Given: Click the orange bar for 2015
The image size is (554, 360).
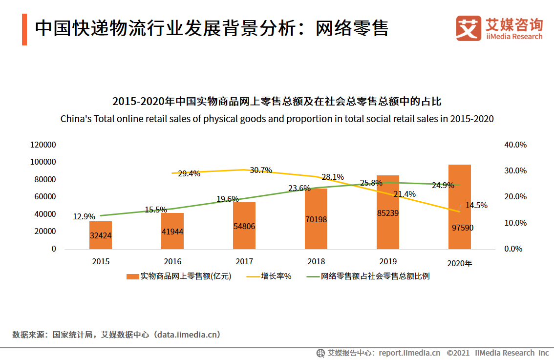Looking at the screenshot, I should point(101,235).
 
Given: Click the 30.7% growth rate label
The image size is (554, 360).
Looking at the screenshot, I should point(261,170).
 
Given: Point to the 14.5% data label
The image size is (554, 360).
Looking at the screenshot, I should point(476,206).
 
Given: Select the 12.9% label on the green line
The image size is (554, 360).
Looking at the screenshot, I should point(84,216).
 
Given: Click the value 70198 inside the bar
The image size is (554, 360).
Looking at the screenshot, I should point(316,219).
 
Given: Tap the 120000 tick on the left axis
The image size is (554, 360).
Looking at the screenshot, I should point(43,145).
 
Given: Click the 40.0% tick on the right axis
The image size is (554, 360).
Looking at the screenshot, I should point(515,145).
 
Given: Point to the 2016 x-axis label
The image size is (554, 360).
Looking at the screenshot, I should point(172,261).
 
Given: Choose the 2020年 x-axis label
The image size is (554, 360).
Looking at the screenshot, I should point(460,263).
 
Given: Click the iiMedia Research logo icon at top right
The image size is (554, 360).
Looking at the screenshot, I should point(469,28).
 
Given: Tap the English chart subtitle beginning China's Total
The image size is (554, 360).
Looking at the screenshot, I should point(277,119).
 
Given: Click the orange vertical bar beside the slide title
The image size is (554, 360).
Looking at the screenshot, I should point(24,29).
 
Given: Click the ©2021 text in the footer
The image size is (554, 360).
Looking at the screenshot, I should point(458,353).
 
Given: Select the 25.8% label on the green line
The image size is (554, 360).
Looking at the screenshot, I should point(371,183).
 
